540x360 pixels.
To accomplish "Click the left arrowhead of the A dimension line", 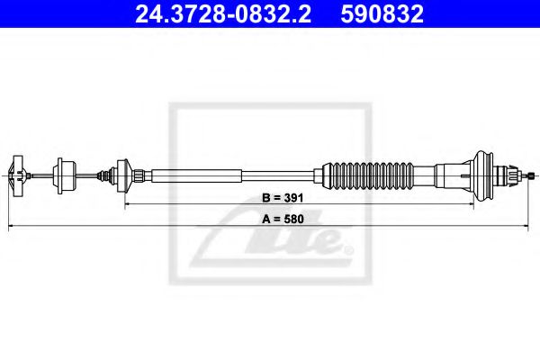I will pyautogui.click(x=11, y=227).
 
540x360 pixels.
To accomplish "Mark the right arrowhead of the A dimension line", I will pyautogui.click(x=535, y=227).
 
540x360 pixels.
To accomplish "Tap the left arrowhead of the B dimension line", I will pyautogui.click(x=127, y=204).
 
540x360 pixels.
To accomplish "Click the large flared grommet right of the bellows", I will pyautogui.click(x=487, y=173).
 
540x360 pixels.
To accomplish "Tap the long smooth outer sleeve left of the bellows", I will pyautogui.click(x=234, y=173).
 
